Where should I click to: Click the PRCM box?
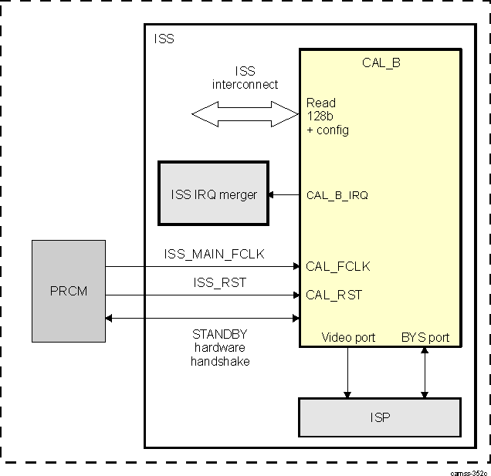(69, 291)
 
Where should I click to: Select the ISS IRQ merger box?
(213, 194)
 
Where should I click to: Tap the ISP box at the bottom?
(379, 418)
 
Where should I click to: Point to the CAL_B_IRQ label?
(337, 195)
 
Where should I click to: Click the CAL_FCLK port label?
(337, 267)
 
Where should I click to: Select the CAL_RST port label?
(334, 295)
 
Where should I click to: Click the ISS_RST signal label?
(219, 282)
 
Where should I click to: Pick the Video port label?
(347, 337)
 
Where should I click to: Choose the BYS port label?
(425, 337)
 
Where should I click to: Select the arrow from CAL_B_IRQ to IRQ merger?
(284, 195)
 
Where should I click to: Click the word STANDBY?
(220, 334)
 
